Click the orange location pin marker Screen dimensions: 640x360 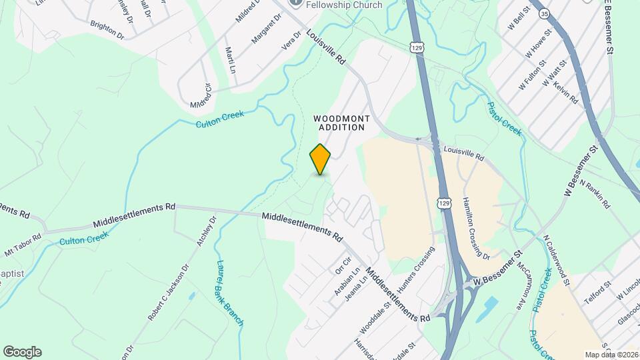(321, 159)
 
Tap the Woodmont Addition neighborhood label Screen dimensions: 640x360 (341, 122)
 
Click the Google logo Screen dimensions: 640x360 (22, 352)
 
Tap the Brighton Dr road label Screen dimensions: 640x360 (107, 30)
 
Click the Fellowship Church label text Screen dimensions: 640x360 (344, 5)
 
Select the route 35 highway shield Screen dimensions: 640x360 (545, 13)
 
